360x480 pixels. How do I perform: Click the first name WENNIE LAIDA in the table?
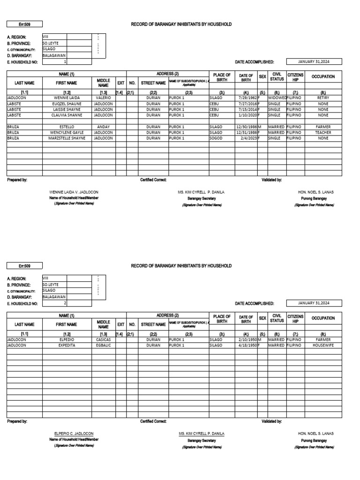click(67, 97)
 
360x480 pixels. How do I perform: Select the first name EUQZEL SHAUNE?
click(67, 103)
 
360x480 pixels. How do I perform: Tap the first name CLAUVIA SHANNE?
click(67, 115)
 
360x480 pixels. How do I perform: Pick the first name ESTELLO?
click(67, 127)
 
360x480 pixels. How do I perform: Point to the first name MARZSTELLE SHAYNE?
click(67, 138)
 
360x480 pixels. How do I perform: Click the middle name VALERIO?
click(103, 97)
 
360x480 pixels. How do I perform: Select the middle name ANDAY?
click(103, 127)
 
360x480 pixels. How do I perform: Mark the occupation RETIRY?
click(323, 97)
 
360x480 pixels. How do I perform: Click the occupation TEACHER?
click(323, 133)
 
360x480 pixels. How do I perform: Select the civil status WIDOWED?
click(277, 97)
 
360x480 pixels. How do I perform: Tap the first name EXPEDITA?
click(67, 345)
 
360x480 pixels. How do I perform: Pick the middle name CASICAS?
click(103, 339)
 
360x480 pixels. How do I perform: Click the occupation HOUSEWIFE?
click(323, 345)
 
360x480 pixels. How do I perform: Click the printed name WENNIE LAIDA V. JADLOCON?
click(74, 192)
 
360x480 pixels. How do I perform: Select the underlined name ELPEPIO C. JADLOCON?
click(74, 434)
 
